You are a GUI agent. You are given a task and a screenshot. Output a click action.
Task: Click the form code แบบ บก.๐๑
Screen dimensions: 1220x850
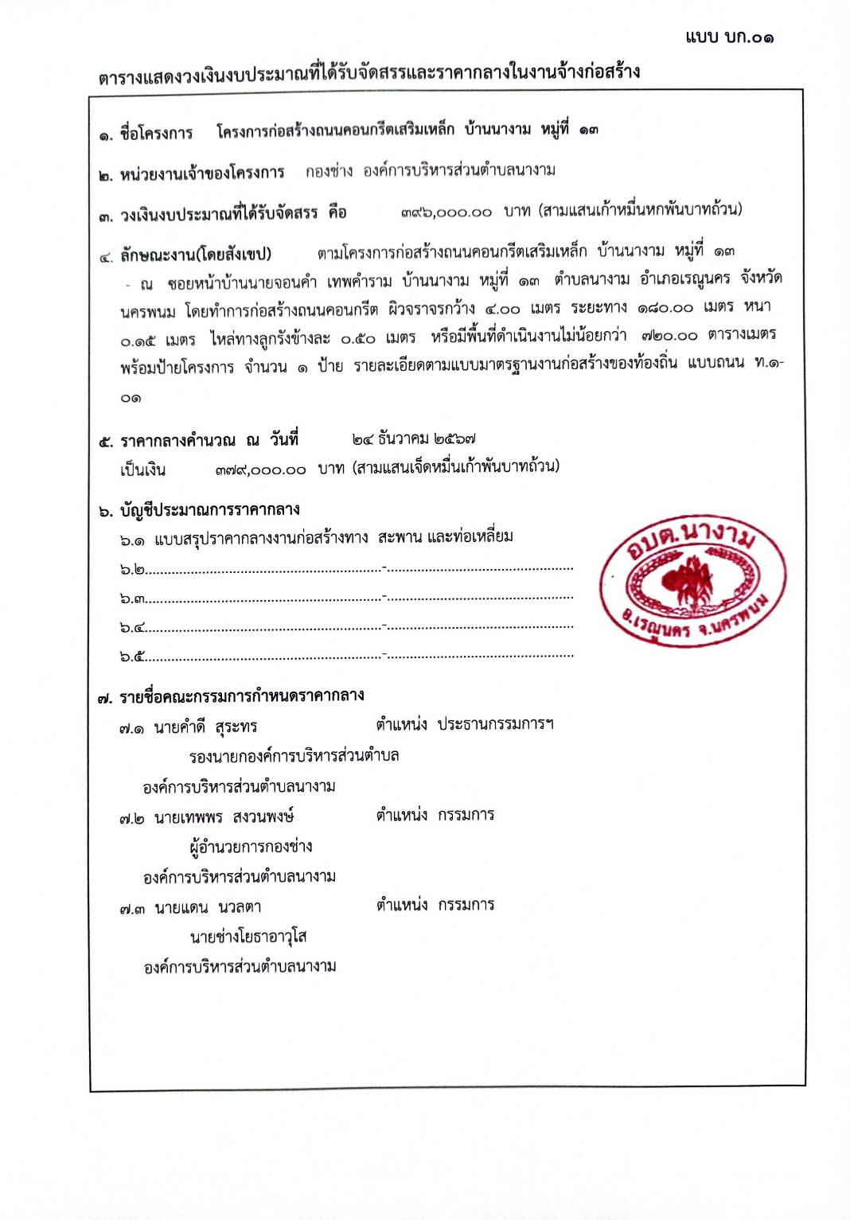pyautogui.click(x=728, y=37)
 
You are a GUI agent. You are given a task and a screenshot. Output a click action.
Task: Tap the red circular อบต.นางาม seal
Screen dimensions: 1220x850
pyautogui.click(x=692, y=579)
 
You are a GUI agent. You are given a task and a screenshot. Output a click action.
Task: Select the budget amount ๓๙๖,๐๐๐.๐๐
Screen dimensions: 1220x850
pyautogui.click(x=446, y=212)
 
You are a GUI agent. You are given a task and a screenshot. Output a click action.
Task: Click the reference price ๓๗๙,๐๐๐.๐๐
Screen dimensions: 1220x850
pyautogui.click(x=260, y=470)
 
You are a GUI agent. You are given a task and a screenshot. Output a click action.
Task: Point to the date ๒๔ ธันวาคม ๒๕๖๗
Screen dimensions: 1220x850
pyautogui.click(x=414, y=438)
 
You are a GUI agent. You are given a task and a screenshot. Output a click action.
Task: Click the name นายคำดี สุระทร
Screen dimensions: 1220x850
pyautogui.click(x=205, y=727)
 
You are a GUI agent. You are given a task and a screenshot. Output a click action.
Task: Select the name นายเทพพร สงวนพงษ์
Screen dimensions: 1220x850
pyautogui.click(x=224, y=817)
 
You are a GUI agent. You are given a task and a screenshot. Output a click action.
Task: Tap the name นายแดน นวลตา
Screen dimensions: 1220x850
pyautogui.click(x=207, y=907)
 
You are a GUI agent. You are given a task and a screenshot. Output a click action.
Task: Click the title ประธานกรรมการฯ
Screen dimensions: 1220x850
pyautogui.click(x=495, y=724)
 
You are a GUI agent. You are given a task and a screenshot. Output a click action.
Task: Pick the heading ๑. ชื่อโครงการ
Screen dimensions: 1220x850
pyautogui.click(x=146, y=134)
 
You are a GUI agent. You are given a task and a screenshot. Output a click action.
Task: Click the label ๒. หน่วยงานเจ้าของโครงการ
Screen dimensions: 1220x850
pyautogui.click(x=191, y=173)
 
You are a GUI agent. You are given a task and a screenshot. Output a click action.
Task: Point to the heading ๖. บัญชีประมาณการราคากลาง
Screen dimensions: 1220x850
pyautogui.click(x=199, y=510)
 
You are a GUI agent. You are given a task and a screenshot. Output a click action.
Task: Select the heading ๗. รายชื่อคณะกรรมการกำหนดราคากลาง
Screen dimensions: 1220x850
pyautogui.click(x=231, y=696)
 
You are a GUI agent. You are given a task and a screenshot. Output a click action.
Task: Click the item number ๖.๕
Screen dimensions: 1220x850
pyautogui.click(x=132, y=657)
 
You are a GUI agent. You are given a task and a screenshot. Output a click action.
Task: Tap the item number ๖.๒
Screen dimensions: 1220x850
pyautogui.click(x=132, y=570)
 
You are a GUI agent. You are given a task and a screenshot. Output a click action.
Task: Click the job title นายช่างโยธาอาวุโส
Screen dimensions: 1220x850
pyautogui.click(x=248, y=937)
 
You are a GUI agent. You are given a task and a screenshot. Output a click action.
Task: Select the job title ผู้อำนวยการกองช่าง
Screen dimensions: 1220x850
pyautogui.click(x=251, y=847)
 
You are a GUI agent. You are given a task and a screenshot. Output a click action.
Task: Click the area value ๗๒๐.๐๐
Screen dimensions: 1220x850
pyautogui.click(x=669, y=336)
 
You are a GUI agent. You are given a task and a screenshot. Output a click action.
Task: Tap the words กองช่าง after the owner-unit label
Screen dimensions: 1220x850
pyautogui.click(x=329, y=171)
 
